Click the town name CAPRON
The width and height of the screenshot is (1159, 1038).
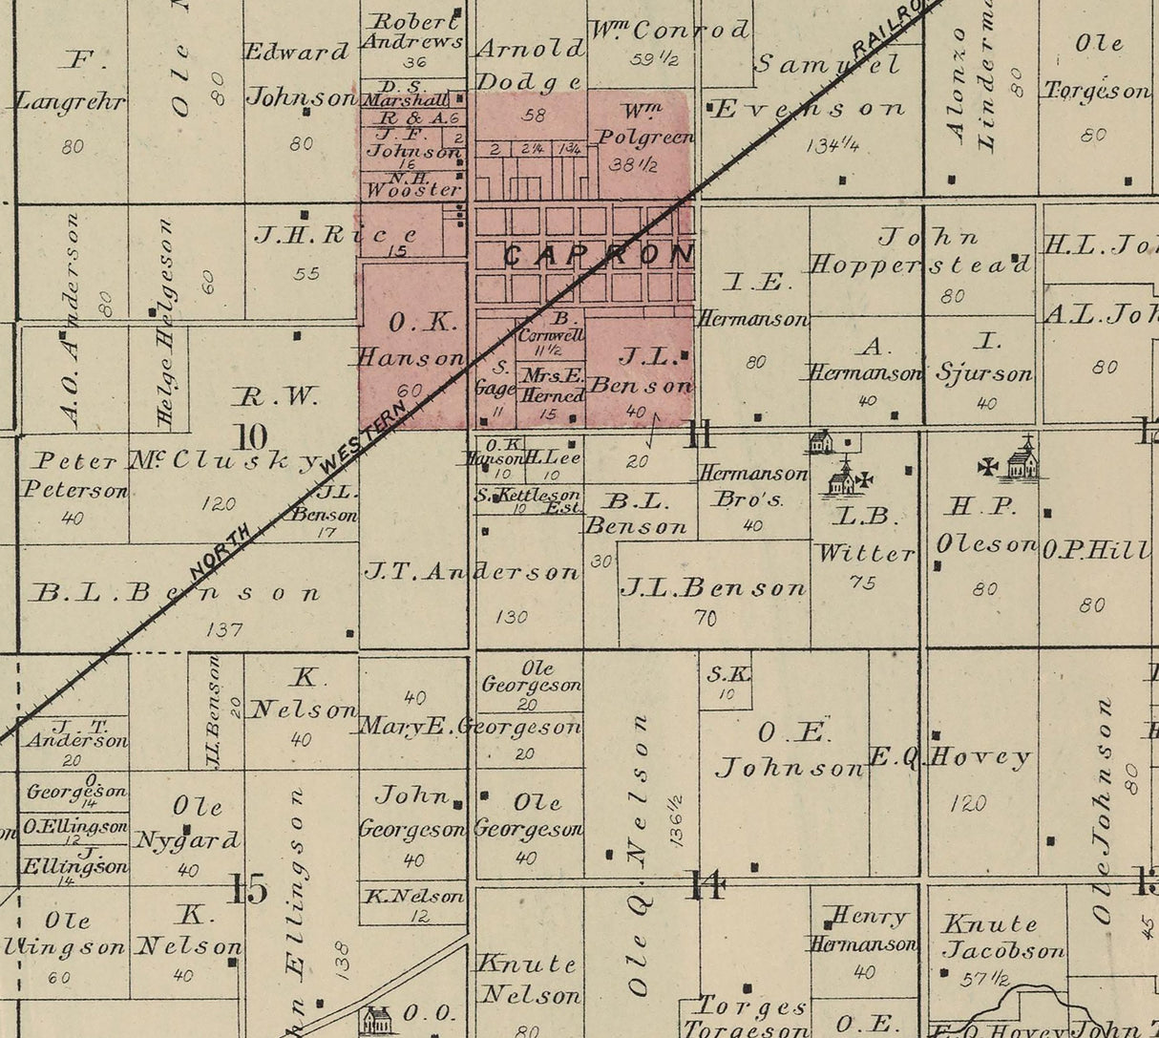(x=597, y=255)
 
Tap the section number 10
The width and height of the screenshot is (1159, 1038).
(x=251, y=436)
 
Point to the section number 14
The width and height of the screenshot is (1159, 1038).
(x=706, y=886)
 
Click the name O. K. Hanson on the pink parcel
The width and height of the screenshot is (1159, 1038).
(x=411, y=340)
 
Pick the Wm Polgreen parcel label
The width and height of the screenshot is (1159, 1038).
(x=644, y=125)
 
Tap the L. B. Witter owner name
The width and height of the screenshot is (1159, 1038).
(x=865, y=535)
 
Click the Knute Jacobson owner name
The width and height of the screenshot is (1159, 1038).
(x=1002, y=937)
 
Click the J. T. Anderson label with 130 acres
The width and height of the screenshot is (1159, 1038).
(x=472, y=572)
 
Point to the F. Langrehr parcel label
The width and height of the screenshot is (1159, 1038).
(x=72, y=81)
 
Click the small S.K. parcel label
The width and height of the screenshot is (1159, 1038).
(x=728, y=674)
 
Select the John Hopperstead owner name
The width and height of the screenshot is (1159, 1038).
(x=921, y=251)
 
